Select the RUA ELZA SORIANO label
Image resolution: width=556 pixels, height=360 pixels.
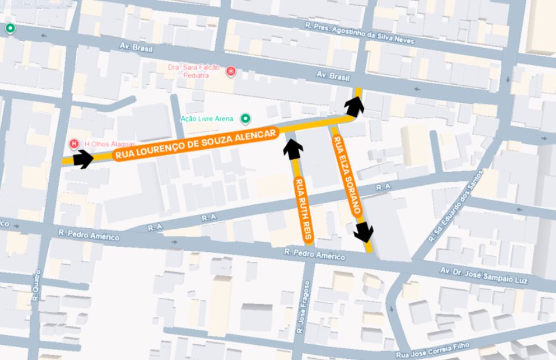coord(347,175)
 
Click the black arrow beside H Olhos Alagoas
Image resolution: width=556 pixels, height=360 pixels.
coord(83,159)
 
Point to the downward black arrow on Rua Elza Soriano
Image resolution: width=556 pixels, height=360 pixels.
coord(365,232)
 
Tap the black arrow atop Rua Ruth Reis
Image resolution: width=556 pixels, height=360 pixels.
coord(293,147)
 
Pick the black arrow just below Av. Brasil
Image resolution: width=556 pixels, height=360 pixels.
coord(354,106)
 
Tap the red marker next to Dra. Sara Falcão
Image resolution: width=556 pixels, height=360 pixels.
coord(231,71)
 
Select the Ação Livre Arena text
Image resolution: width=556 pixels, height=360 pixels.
coord(206,119)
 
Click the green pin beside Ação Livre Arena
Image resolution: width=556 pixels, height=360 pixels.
coord(246,120)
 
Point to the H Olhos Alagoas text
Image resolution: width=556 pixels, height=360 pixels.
coord(110,144)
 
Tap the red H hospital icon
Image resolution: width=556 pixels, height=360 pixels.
coord(74,143)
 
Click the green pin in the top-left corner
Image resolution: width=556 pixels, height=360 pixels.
coord(10,28)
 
